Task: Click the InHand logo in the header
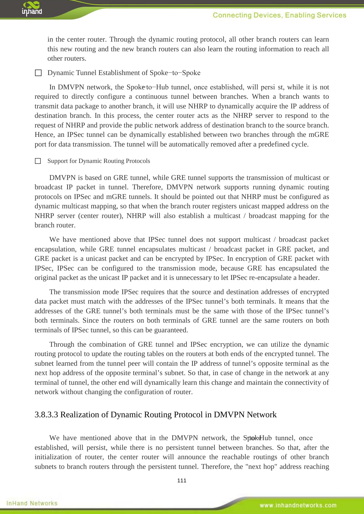tap(32, 9)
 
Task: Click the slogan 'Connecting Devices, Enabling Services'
tap(279, 15)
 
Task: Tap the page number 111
tap(182, 480)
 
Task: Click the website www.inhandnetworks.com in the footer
tap(298, 505)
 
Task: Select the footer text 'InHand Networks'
tap(32, 503)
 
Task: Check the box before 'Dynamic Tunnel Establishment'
tap(38, 73)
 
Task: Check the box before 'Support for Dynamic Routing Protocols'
tap(38, 161)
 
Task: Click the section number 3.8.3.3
tap(46, 415)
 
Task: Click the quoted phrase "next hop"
tap(261, 467)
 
